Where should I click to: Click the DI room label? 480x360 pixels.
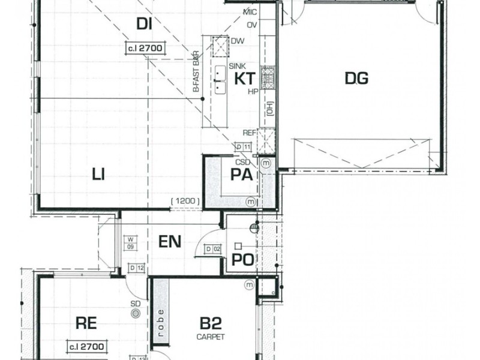[x=143, y=24]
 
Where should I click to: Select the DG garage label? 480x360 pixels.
[x=356, y=78]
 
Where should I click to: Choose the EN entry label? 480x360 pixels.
[x=170, y=242]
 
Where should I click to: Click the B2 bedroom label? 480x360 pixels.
[x=211, y=324]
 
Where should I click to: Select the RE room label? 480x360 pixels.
[x=86, y=323]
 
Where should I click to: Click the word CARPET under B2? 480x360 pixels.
[x=211, y=337]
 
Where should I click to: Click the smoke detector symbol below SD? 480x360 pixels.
[x=136, y=313]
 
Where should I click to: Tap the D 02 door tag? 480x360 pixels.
[x=212, y=248]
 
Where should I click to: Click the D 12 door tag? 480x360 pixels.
[x=137, y=268]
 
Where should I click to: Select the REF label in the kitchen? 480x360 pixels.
[x=249, y=133]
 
